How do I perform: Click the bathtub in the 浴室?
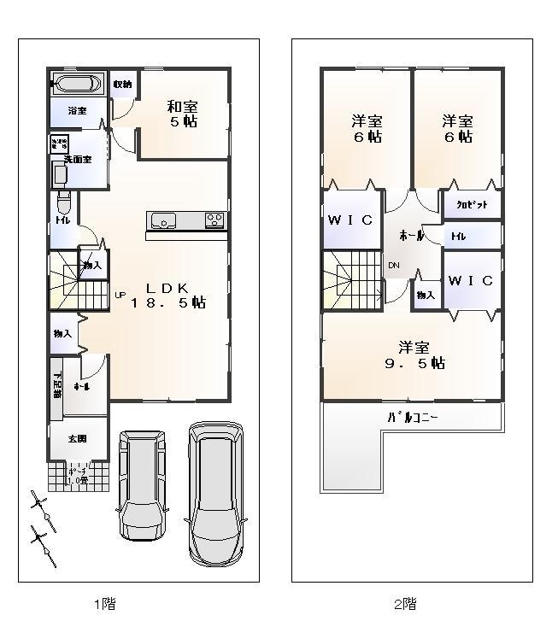[x=78, y=84]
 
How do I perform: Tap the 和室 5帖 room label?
[x=182, y=114]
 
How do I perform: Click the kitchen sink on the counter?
[x=163, y=221]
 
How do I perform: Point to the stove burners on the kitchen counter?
[x=214, y=221]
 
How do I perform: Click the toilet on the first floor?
[x=62, y=206]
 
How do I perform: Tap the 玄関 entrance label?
[x=78, y=438]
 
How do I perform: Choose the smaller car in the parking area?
[x=142, y=483]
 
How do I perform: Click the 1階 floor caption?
[x=104, y=604]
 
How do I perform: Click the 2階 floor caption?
[x=406, y=604]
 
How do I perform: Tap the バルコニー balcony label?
[x=414, y=418]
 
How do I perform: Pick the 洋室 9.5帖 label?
[x=413, y=354]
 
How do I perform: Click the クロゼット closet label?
[x=471, y=205]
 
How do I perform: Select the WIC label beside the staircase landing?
[x=350, y=220]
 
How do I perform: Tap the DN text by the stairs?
[x=394, y=266]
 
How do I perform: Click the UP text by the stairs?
[x=120, y=296]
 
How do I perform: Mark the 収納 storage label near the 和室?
[x=122, y=84]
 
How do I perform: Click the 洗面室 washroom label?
[x=78, y=160]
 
